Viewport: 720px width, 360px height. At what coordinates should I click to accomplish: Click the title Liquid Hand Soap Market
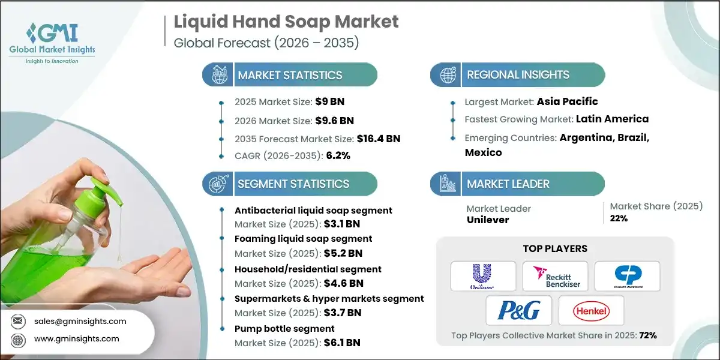coord(286,22)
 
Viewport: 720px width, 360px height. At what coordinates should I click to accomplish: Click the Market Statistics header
coord(290,75)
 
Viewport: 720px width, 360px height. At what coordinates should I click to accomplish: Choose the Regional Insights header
coord(518,75)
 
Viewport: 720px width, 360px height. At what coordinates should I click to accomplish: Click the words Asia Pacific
coord(567,101)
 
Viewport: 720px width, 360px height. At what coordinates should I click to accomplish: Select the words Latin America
coord(612,119)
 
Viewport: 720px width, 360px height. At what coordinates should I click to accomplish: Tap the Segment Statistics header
coord(293,184)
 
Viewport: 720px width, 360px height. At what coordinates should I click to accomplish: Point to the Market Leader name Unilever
coord(488,220)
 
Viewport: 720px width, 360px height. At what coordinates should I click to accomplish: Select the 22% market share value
coord(619,218)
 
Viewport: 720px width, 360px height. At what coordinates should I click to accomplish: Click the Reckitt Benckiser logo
coord(555,276)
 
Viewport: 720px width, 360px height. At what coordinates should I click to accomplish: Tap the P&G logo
coord(518,310)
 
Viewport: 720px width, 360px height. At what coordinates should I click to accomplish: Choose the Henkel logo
coord(591,310)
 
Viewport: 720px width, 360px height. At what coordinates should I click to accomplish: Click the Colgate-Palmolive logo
coord(627,276)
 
